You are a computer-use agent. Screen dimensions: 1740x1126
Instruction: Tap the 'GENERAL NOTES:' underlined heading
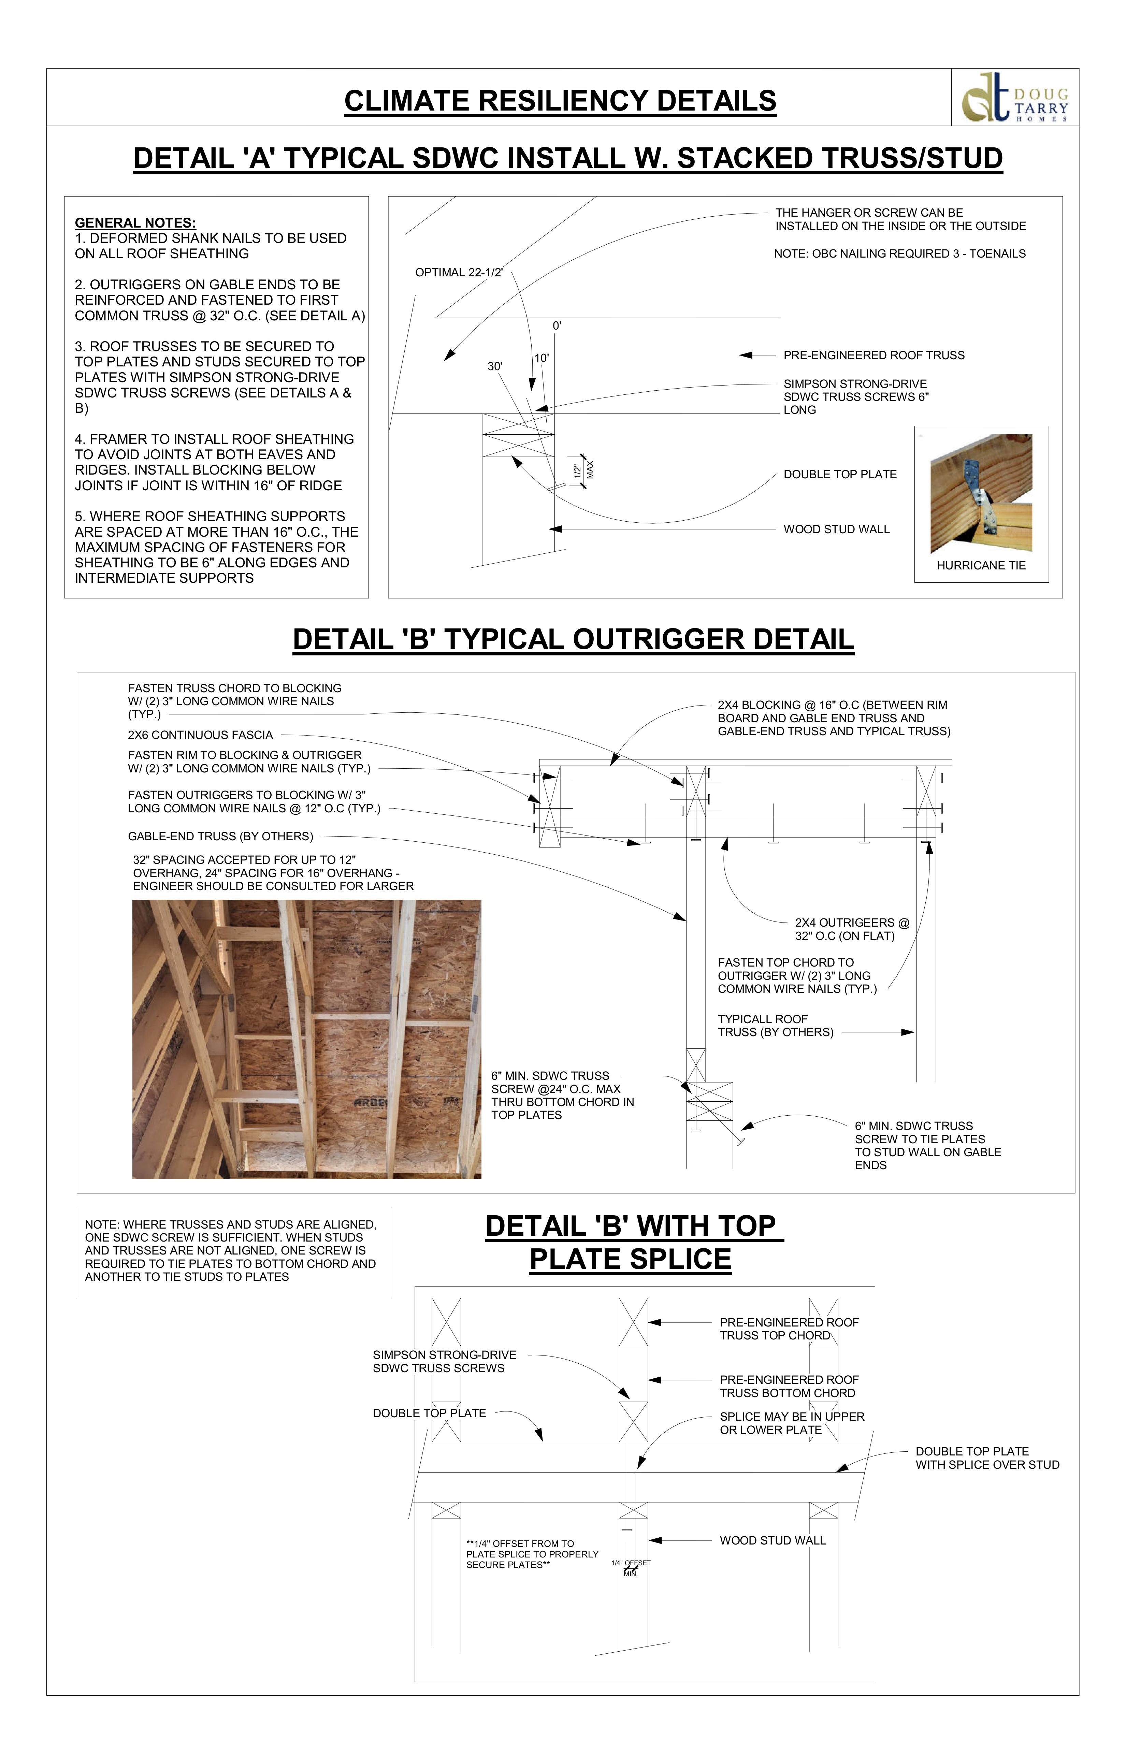pos(135,223)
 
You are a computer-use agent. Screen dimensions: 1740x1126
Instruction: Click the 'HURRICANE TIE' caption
pos(981,566)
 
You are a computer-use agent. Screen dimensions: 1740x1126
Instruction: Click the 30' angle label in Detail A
pos(495,366)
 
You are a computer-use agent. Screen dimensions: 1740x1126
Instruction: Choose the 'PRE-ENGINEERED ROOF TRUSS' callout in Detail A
pos(874,355)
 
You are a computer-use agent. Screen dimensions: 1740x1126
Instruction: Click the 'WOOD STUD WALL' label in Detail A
pos(836,529)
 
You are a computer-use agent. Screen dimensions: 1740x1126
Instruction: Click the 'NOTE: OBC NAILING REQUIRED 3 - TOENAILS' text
pos(899,254)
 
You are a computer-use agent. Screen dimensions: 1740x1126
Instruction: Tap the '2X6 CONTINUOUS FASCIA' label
pos(200,735)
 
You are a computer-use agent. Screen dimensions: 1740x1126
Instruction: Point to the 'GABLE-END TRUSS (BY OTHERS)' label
pos(220,836)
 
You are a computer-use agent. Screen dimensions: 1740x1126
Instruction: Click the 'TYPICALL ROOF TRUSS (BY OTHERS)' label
pos(775,1026)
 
